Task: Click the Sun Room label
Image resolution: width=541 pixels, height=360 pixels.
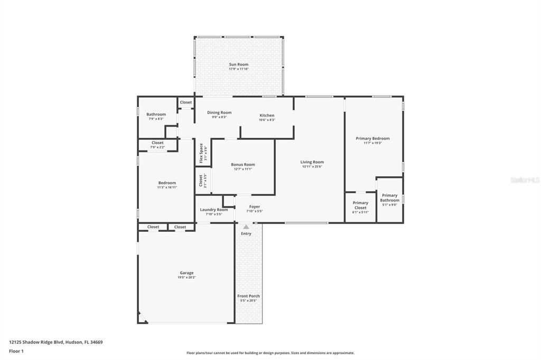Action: coord(239,64)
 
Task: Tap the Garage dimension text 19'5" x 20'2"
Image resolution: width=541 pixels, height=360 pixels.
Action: coord(186,278)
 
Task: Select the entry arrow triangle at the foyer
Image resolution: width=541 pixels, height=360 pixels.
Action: coord(246,227)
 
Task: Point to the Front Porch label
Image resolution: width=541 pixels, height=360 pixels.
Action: coord(248,296)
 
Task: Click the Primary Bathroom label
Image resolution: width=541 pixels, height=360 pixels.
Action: coord(389,197)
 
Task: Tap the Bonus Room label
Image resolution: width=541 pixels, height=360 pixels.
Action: coord(242,165)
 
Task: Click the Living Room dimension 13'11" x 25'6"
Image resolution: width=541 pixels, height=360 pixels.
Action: coord(312,167)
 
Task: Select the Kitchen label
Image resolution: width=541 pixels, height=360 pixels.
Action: coord(267,115)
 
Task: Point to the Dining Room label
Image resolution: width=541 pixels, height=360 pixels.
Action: coord(219,112)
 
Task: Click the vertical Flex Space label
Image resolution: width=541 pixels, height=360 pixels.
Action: coord(201,152)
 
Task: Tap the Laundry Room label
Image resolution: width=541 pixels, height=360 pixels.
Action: coord(214,210)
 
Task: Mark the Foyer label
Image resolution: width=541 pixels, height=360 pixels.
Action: coord(255,206)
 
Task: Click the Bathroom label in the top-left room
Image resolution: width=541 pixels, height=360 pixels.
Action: coord(156,115)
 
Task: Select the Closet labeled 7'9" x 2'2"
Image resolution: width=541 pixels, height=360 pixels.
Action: coord(157,145)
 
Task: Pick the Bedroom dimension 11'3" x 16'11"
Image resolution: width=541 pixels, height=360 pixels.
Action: coord(167,187)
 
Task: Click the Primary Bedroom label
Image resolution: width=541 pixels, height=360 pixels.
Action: coord(372,138)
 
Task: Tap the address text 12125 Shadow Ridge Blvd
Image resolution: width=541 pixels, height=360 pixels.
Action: coord(36,342)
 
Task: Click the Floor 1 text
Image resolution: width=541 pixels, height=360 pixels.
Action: coord(17,351)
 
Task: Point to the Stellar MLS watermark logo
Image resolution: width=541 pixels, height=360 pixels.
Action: coord(525,180)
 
